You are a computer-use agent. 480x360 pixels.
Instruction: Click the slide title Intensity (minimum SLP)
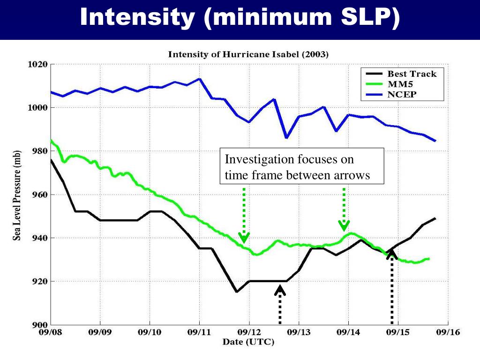tap(240, 18)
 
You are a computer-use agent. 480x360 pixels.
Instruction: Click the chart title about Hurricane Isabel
tap(248, 54)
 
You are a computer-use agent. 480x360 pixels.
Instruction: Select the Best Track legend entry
tap(412, 74)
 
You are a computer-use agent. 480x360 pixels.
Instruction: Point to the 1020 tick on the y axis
tap(36, 65)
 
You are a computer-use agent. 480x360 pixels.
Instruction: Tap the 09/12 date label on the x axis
tap(249, 332)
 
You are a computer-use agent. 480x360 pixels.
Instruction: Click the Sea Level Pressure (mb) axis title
tap(17, 195)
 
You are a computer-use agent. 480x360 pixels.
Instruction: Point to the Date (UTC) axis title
tap(248, 342)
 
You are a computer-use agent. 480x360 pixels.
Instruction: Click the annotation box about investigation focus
tap(302, 167)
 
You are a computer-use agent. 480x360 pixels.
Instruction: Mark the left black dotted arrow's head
tap(280, 290)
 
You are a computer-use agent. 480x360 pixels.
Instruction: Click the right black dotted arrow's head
tap(392, 254)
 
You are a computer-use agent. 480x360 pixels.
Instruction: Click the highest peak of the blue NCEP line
tap(200, 79)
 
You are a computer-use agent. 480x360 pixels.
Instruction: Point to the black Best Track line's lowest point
tap(237, 292)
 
